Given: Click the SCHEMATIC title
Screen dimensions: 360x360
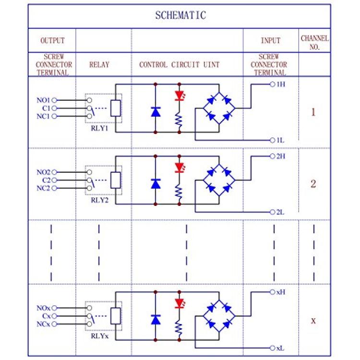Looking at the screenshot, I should point(180,15).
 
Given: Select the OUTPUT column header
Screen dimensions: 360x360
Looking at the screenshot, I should point(52,41).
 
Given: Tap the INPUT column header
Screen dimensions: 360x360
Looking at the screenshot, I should point(270,41).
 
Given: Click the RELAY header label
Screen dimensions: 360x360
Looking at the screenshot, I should point(99,65).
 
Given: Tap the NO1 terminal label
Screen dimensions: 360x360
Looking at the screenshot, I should point(43,100).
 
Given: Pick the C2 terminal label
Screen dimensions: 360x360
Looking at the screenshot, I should point(46,180).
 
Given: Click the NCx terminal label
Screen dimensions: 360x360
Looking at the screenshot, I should point(43,324).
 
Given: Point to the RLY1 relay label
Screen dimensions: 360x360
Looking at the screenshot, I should point(100,128).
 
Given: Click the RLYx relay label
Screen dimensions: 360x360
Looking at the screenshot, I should point(100,336).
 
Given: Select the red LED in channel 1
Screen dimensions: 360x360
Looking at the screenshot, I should point(180,96).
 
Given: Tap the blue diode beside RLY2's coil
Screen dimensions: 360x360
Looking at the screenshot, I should point(155,183).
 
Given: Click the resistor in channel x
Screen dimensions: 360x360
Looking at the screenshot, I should point(180,328).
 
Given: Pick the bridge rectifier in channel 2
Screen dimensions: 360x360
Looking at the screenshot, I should point(218,180).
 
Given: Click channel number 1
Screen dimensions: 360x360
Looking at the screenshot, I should point(313,113).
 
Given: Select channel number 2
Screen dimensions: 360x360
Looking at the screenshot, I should point(313,184).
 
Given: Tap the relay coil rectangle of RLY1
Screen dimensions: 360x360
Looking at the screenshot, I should point(115,108).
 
